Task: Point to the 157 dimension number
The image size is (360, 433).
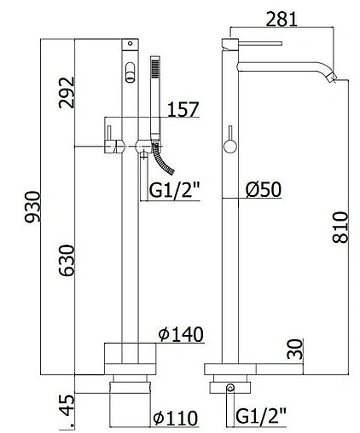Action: click(x=183, y=109)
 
